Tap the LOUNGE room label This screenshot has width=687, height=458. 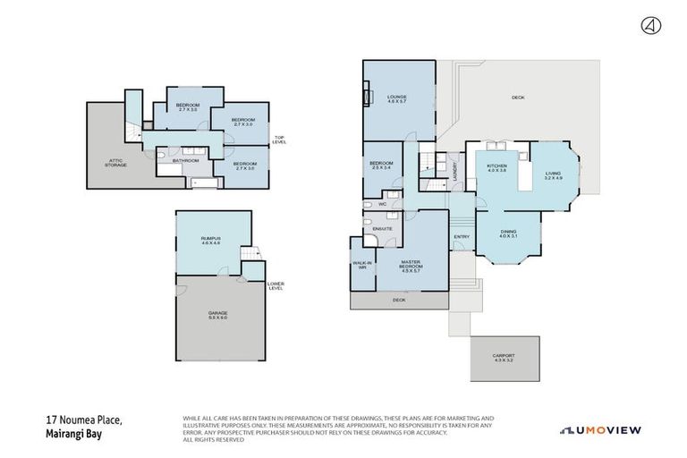point(396,98)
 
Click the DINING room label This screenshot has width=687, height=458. point(508,234)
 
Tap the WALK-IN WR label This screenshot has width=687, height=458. point(361,265)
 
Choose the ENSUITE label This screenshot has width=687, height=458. point(383,229)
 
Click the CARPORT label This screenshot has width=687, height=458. point(504,357)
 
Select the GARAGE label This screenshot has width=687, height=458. point(218,314)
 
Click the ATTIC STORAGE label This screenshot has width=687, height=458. point(115,163)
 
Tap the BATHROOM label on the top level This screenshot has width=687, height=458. point(185,161)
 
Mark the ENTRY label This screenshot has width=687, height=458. point(462,236)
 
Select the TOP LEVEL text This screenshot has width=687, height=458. point(279,140)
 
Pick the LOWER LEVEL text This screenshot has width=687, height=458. point(276,286)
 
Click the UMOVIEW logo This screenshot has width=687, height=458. point(600,430)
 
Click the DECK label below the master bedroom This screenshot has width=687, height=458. point(399,301)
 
